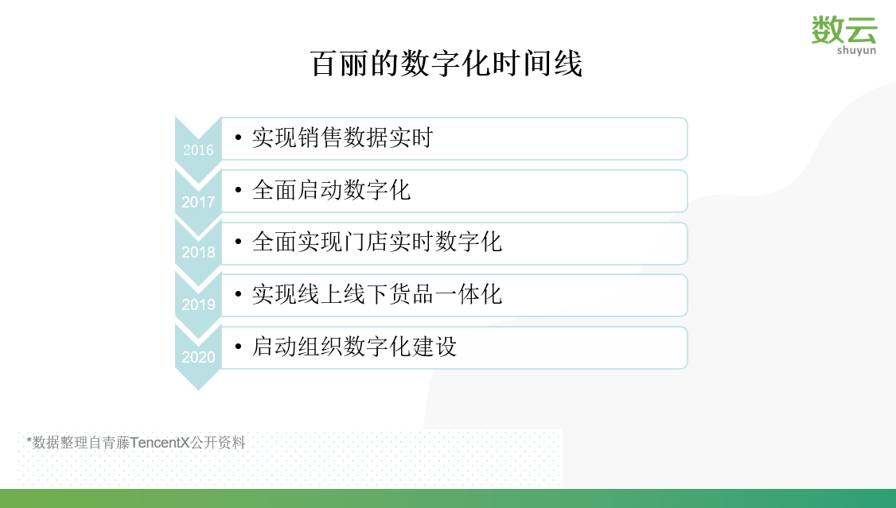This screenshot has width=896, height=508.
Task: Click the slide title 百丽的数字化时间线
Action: [x=446, y=64]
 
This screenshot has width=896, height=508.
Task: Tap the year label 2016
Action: [x=198, y=150]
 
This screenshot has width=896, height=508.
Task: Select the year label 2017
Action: [x=198, y=202]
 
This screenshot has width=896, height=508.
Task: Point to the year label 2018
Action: [x=198, y=253]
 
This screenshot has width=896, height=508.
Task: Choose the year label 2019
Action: [x=198, y=304]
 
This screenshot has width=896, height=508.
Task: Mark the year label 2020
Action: [x=198, y=357]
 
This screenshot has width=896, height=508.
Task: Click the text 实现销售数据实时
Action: [x=342, y=138]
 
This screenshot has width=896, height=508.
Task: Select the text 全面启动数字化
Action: [x=331, y=191]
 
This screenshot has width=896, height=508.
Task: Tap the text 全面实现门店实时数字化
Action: [x=376, y=242]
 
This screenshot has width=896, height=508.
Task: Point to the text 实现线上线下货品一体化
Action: [x=376, y=295]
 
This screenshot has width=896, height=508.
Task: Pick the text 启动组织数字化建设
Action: [x=354, y=347]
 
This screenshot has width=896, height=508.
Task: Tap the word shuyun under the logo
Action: [x=855, y=50]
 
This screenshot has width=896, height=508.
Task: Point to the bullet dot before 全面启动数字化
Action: [x=238, y=191]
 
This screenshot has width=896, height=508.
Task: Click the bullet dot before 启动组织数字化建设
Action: [x=238, y=347]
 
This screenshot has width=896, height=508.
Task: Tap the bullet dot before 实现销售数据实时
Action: [x=238, y=138]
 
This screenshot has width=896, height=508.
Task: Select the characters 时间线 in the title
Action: [x=548, y=64]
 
